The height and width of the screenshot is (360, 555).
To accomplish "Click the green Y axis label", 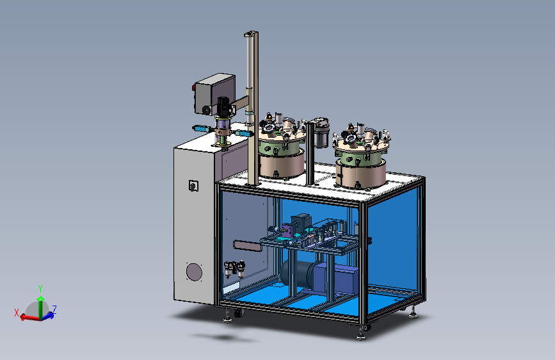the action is click(x=40, y=288).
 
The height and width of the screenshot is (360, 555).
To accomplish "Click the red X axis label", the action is click(x=16, y=313).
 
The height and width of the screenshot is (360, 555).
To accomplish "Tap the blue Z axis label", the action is click(x=54, y=309).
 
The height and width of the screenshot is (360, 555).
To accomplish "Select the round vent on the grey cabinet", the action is click(x=194, y=272).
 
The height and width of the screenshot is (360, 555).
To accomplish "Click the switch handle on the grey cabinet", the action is click(x=193, y=186).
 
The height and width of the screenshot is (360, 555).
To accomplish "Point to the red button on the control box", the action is click(x=194, y=88).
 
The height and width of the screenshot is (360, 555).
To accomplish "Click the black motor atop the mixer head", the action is click(x=223, y=106).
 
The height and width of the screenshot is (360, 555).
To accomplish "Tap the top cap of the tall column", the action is click(x=250, y=34).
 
